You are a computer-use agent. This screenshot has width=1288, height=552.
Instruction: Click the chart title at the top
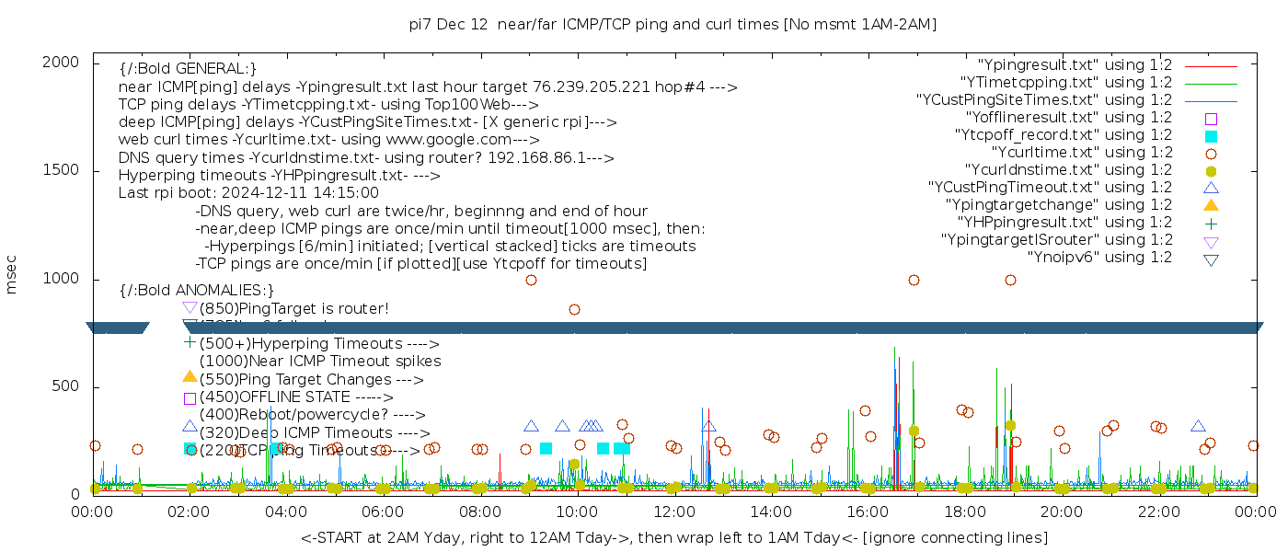[x=673, y=25]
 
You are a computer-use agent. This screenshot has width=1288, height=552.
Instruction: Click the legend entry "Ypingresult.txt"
[x=1075, y=65]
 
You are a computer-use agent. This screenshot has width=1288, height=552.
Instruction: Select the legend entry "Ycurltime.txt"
[x=1081, y=153]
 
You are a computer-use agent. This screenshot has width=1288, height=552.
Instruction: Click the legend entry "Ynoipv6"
[x=1099, y=258]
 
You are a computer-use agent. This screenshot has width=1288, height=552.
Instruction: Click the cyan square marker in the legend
[x=1211, y=136]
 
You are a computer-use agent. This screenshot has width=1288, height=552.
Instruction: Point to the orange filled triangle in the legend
[x=1211, y=204]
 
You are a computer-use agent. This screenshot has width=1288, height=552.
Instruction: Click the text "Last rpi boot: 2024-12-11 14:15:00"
[x=248, y=193]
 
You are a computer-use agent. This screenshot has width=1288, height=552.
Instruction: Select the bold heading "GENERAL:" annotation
[x=188, y=69]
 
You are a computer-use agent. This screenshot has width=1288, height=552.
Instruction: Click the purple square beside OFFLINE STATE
[x=190, y=398]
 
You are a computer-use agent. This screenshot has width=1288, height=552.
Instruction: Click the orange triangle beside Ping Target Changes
[x=190, y=376]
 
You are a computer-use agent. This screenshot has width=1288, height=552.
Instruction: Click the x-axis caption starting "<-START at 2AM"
[x=673, y=537]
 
